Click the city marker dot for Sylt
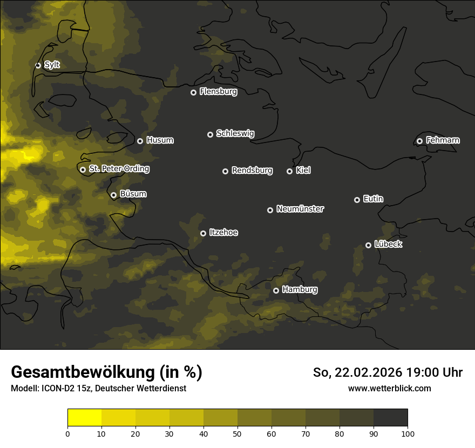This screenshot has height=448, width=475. coord(38,65)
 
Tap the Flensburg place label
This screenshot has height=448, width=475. coord(218,92)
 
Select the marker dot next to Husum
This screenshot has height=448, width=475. coord(140,141)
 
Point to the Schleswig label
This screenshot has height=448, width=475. coord(235,133)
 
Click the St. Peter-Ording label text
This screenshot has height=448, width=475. coord(119,169)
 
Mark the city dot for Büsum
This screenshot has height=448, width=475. coord(113,195)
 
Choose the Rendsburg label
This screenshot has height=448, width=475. coord(252,171)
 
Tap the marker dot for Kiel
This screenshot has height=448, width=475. coord(289,171)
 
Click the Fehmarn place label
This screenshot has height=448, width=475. coord(443,140)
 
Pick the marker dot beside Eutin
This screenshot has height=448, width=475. coord(357,200)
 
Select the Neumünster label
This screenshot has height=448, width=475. coord(300,209)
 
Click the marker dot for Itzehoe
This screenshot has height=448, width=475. coord(203,233)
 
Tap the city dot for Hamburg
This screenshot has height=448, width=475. coord(276,290)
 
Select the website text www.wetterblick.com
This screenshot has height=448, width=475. coord(389,388)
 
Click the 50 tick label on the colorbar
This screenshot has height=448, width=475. coord(237,433)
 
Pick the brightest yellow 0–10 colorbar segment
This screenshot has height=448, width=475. coord(85,418)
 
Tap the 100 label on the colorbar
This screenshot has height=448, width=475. coord(408,433)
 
